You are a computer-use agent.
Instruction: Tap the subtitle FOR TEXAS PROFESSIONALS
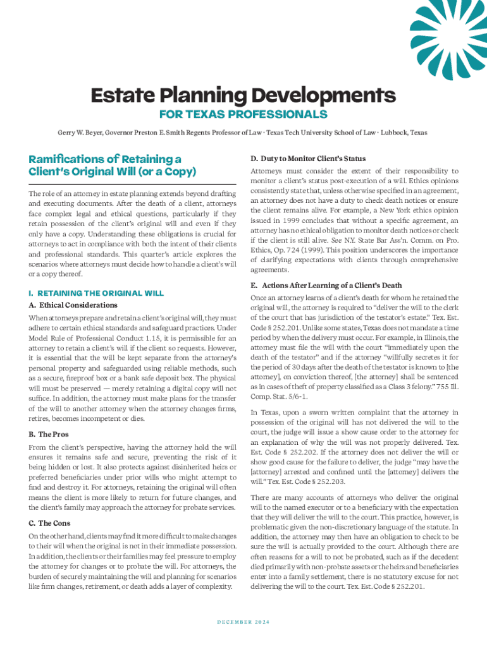click(x=243, y=114)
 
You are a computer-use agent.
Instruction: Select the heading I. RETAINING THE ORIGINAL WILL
click(x=96, y=293)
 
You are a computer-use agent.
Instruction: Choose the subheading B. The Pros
click(x=49, y=435)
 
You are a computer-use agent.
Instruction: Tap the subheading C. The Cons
click(x=49, y=523)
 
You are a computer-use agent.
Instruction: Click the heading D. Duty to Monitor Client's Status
click(x=308, y=158)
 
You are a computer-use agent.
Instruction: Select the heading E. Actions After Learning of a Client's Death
click(x=326, y=286)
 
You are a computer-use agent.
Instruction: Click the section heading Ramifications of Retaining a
click(x=104, y=159)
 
